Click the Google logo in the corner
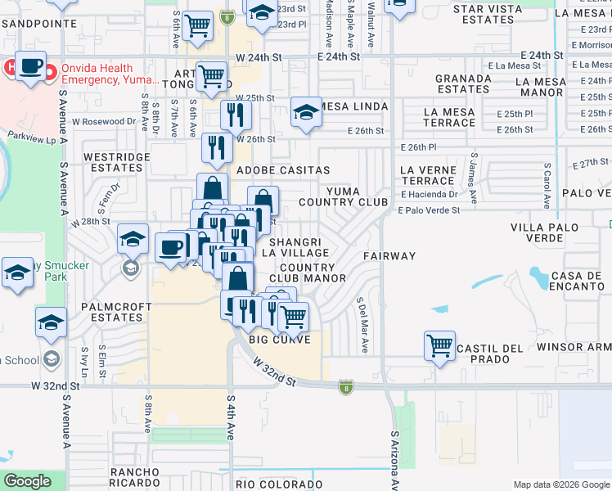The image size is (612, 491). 28,481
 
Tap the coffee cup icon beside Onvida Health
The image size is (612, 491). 30,67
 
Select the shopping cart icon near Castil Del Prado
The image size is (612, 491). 439,345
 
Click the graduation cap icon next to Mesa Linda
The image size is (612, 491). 306,112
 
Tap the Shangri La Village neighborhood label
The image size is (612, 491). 299,247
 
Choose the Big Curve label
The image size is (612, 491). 280,339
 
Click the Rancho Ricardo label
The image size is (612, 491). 135,478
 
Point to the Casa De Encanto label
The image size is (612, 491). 578,280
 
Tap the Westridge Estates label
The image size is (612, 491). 114,162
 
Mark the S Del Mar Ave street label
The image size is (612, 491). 360,325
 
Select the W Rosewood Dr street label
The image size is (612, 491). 103,121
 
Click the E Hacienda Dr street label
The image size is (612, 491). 429,195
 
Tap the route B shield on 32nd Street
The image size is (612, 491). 346,385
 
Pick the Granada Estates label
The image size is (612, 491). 463,83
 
